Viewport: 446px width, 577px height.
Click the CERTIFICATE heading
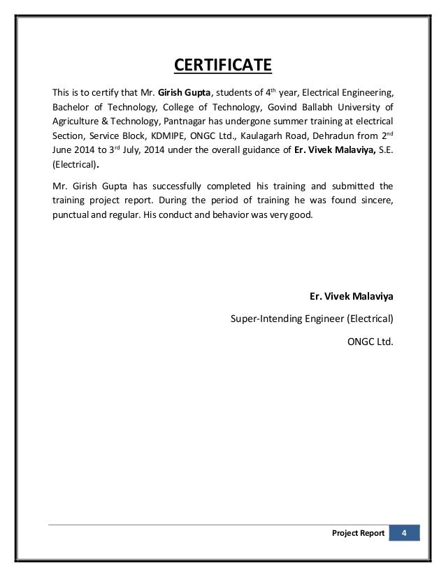click(222, 66)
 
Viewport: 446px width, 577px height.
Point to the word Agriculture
click(76, 120)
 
